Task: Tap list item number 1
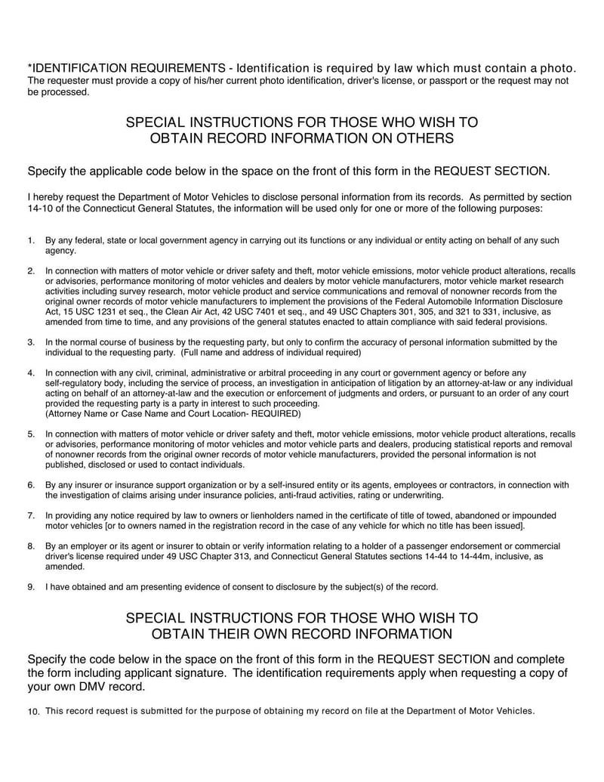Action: point(31,240)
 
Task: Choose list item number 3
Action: point(31,342)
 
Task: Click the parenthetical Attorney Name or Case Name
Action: point(173,414)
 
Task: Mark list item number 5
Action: point(31,434)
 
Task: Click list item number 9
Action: point(31,586)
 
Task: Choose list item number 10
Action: point(32,712)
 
